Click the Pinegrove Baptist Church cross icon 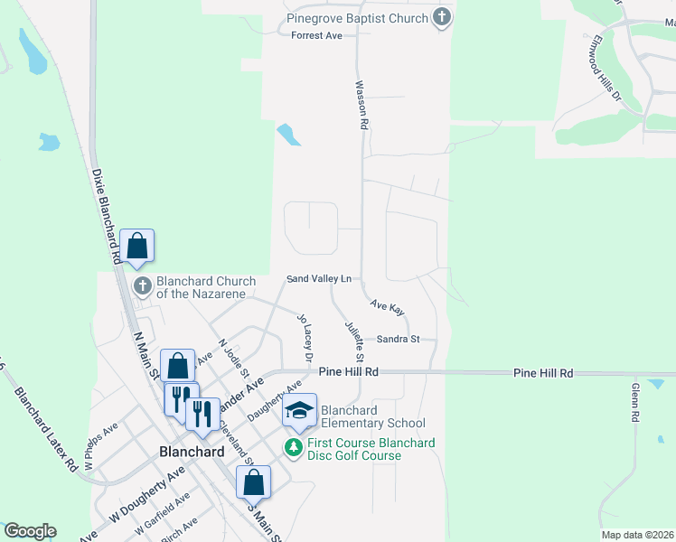pos(441,17)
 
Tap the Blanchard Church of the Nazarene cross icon pos(143,286)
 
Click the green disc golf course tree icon pos(294,447)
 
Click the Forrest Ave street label pos(316,35)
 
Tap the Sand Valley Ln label pos(319,279)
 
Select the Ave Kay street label pos(387,308)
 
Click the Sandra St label pos(399,339)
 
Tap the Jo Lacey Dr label pos(305,339)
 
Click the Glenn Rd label pos(635,403)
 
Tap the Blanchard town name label pos(192,451)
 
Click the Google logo pos(30,531)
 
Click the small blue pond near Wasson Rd pos(288,135)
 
